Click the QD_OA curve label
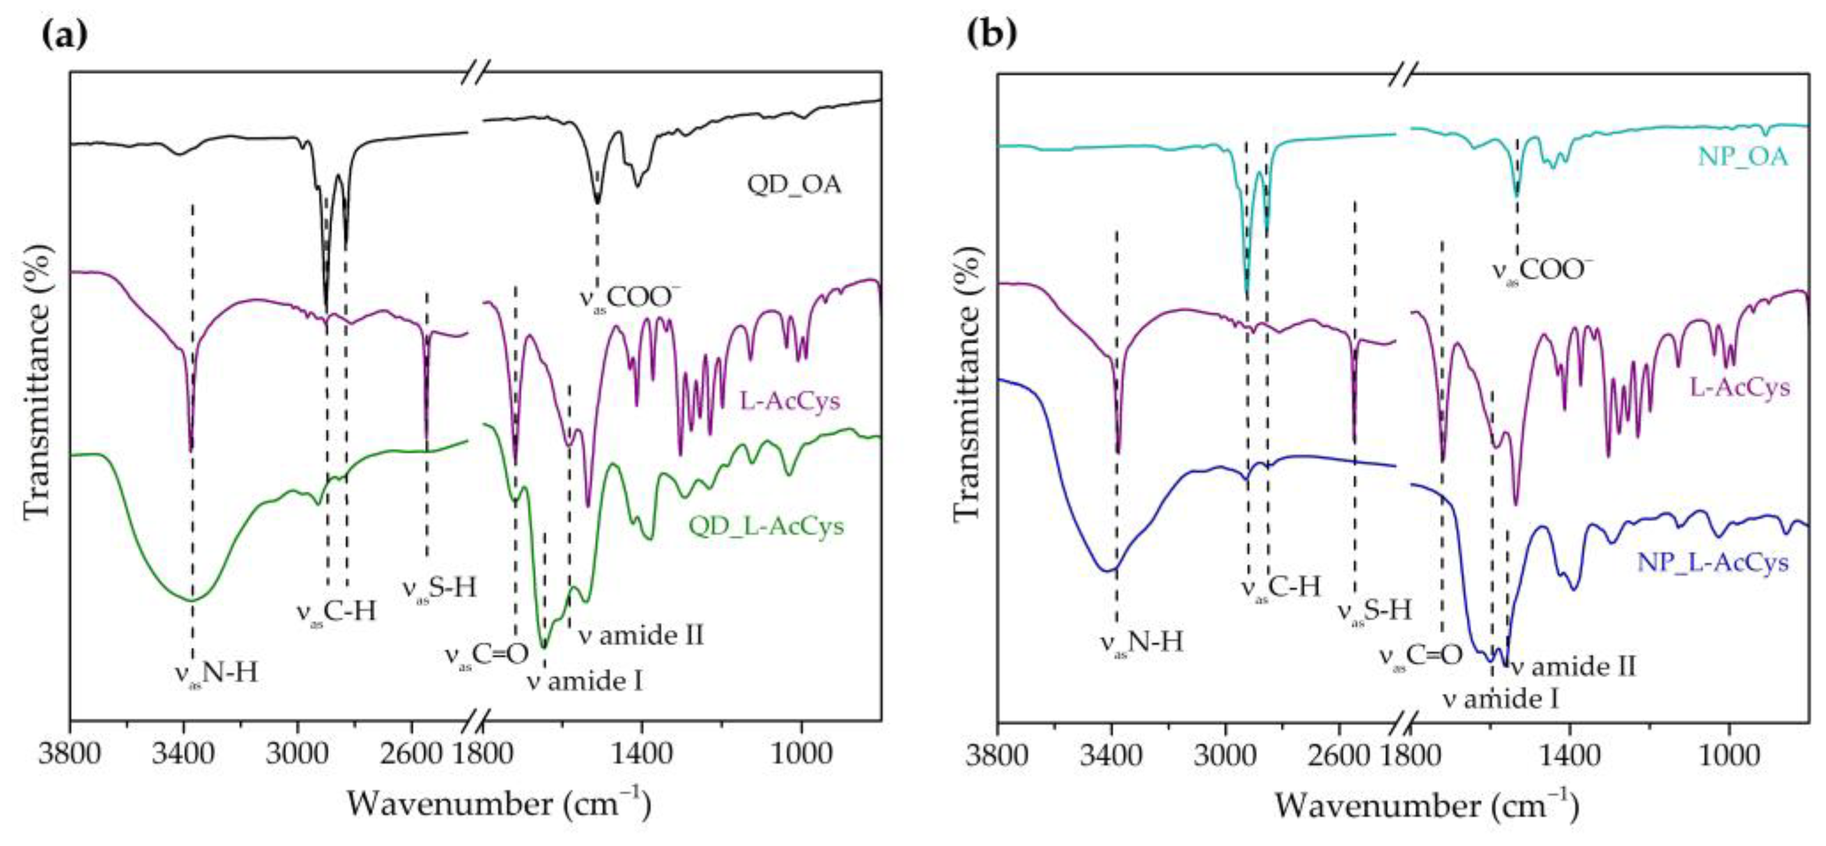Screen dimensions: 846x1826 (x=793, y=185)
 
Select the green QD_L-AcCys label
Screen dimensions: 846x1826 (x=766, y=526)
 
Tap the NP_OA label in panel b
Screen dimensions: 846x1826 (x=1742, y=156)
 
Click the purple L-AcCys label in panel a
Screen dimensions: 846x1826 (x=790, y=401)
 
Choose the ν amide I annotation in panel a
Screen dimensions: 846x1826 (x=584, y=682)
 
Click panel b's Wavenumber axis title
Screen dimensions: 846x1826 (x=1426, y=806)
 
